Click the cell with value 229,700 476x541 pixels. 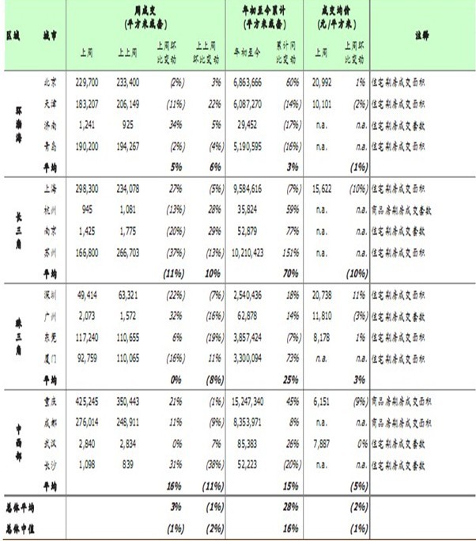coord(91,81)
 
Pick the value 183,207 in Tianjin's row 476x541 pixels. coord(91,104)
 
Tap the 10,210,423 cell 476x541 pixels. coord(252,251)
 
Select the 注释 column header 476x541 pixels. coord(421,36)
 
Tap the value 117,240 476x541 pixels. coord(91,335)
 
